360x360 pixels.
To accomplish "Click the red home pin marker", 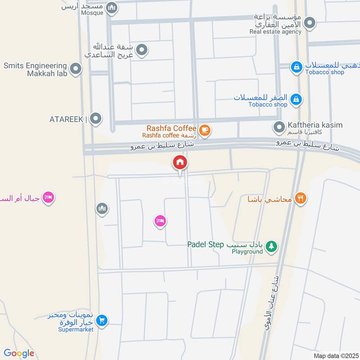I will point(180,162).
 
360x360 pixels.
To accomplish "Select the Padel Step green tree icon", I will point(271,246).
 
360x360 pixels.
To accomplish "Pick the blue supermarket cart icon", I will point(102,320).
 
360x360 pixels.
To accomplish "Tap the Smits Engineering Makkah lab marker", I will point(76,69).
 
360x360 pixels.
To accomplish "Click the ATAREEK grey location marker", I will point(95,119).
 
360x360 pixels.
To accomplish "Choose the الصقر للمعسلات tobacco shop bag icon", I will point(296,99).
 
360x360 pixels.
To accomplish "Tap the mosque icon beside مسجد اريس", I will point(112,7).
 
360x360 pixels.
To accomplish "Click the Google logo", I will point(19,353).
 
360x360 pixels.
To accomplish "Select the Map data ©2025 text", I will point(335,356).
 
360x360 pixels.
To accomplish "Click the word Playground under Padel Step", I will point(247,252).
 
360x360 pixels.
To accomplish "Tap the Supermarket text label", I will point(76,329).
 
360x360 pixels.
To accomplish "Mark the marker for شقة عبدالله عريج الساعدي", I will point(142,50).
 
